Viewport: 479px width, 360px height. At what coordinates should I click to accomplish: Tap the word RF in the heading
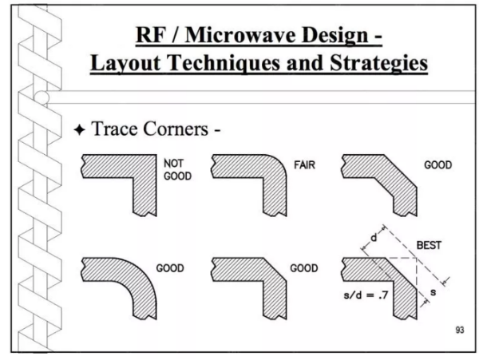point(150,35)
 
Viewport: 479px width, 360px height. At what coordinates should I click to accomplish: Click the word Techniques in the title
point(224,64)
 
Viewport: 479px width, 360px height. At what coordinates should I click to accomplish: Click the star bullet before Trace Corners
point(79,130)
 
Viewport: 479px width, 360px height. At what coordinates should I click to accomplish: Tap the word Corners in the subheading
point(176,129)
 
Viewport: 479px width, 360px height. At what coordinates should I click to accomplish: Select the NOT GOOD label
point(177,170)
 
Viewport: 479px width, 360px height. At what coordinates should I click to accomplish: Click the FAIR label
point(304,165)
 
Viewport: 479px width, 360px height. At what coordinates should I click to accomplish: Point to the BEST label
point(429,245)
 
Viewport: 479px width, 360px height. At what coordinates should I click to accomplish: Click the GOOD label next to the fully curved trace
point(170,268)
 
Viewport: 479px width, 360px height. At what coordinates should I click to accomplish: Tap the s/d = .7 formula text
point(366,295)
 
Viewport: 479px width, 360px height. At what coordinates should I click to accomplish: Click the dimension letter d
point(374,237)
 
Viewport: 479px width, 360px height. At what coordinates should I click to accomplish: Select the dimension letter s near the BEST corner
point(433,292)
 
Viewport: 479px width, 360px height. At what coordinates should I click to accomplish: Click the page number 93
point(460,330)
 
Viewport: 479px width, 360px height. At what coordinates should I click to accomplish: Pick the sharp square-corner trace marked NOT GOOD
point(145,166)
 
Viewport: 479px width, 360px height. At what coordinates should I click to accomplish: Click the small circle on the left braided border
point(42,97)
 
